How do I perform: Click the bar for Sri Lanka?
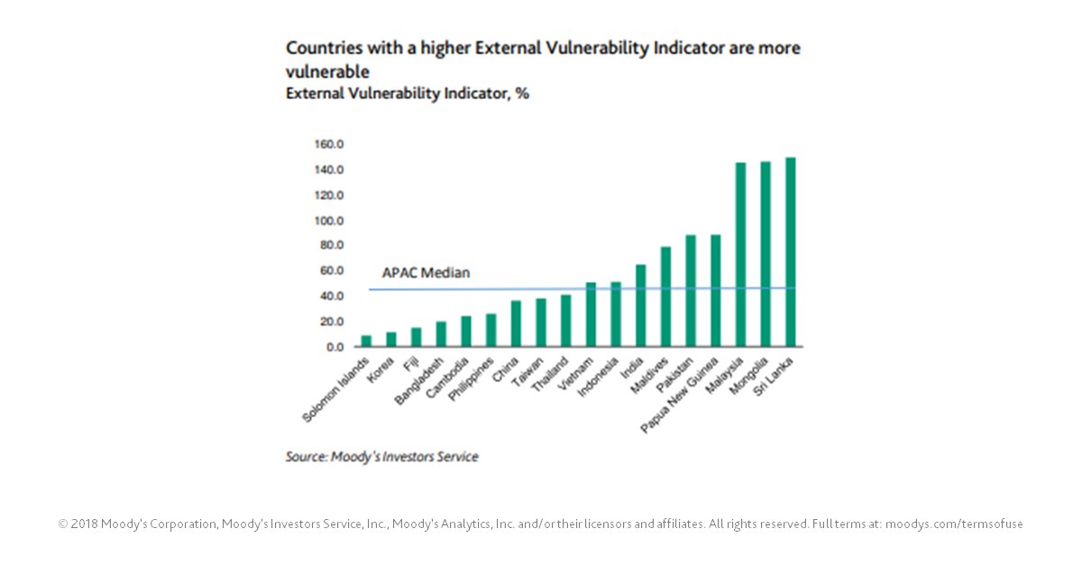click(791, 252)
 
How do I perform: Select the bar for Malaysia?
click(740, 255)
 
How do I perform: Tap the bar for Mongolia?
click(766, 254)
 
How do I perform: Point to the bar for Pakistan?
click(691, 291)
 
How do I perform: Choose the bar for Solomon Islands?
click(366, 342)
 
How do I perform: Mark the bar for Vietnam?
click(591, 314)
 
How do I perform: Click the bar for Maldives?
click(666, 296)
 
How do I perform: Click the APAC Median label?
click(426, 272)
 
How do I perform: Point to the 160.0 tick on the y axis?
click(330, 144)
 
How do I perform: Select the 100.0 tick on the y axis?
click(330, 221)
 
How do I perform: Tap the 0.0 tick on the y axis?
click(335, 347)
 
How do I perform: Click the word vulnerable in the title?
click(328, 70)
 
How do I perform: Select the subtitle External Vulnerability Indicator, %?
click(407, 94)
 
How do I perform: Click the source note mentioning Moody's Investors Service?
click(381, 457)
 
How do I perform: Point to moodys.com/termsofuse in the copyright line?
click(954, 524)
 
